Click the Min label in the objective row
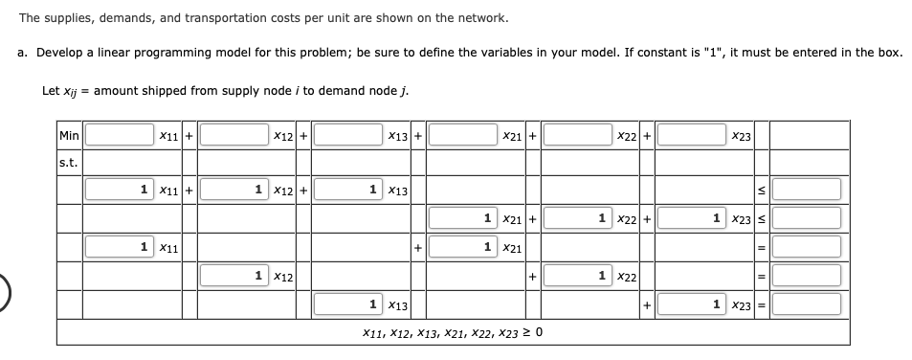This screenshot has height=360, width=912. tap(68, 136)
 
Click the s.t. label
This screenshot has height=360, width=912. tap(68, 162)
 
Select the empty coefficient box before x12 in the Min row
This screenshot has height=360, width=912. tap(233, 136)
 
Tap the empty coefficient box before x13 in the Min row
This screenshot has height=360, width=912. tap(347, 136)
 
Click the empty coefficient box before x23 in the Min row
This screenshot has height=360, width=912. tap(690, 136)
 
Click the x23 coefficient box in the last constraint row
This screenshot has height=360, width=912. tap(690, 304)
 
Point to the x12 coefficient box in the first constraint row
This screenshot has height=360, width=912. tap(233, 190)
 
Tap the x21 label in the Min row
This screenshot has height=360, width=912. tap(510, 137)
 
